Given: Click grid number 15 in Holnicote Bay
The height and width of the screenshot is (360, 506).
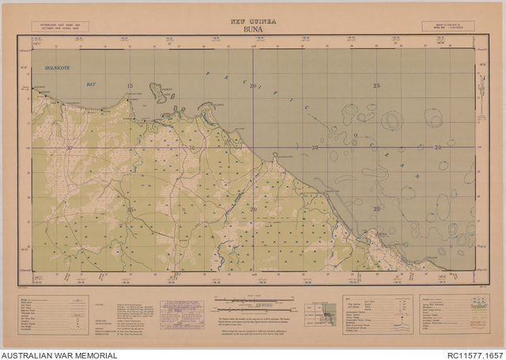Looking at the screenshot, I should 130,85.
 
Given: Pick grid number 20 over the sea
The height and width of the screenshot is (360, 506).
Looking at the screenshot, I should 253,85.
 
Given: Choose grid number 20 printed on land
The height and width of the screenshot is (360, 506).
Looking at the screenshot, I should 253,209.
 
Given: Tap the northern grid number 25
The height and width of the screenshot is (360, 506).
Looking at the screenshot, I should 376,85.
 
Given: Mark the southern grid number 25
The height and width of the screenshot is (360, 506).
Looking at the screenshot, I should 376,209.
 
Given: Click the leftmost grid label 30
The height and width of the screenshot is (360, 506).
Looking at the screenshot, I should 69,148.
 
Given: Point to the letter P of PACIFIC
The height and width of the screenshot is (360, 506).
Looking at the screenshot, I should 208,74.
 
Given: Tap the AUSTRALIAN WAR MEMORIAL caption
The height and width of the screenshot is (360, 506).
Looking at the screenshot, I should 59,354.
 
